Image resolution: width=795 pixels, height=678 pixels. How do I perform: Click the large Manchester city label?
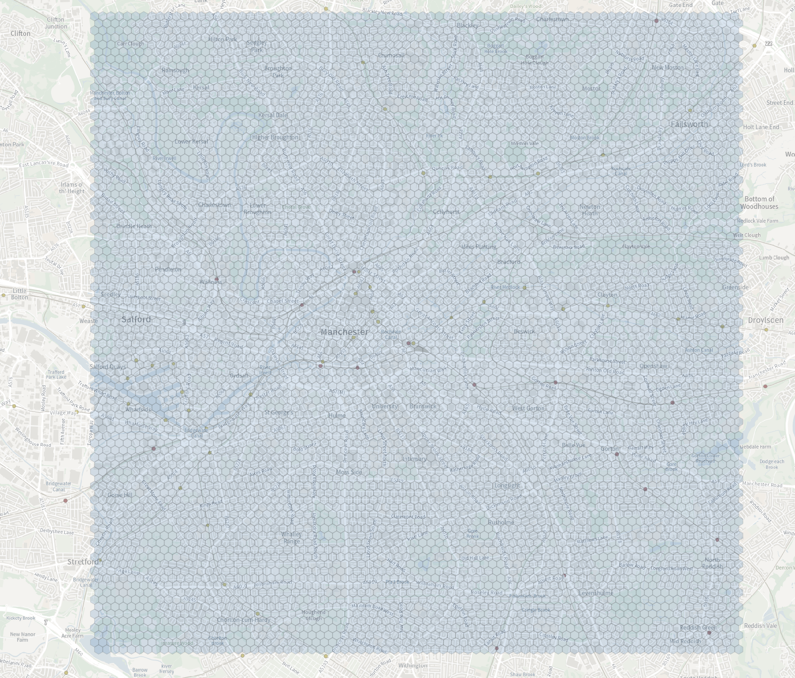tap(345, 332)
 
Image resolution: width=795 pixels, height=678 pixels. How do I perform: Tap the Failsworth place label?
tap(689, 124)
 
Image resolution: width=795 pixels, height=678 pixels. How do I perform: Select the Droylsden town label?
tap(766, 320)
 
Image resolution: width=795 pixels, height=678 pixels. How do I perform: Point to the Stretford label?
tap(83, 562)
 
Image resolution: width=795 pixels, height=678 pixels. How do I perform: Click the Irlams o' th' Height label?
tap(72, 188)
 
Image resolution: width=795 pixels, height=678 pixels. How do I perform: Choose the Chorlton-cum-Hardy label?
tap(244, 620)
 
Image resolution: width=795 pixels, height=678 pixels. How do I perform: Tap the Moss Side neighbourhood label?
tap(349, 472)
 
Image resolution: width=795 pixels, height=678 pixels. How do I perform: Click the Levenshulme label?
tap(596, 593)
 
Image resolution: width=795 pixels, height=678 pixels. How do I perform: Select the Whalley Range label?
tap(291, 537)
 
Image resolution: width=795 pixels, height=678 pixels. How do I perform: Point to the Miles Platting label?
tap(478, 247)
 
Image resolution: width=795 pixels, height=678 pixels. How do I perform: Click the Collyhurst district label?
tap(446, 212)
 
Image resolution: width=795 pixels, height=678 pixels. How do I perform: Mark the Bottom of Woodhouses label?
tap(759, 202)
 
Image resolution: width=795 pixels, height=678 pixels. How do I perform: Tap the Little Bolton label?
tap(20, 294)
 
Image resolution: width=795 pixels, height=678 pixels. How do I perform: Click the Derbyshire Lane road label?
tap(57, 532)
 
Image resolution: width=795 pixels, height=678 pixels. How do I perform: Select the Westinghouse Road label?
tap(33, 437)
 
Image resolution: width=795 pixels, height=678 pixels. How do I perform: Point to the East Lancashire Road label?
tap(44, 164)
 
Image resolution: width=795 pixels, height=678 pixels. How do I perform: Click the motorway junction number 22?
tap(769, 43)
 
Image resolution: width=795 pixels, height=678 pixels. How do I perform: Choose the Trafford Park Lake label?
tap(56, 374)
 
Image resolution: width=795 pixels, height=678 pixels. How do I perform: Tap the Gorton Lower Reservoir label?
tap(705, 458)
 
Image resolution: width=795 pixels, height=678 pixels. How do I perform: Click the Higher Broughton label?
tap(275, 137)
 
